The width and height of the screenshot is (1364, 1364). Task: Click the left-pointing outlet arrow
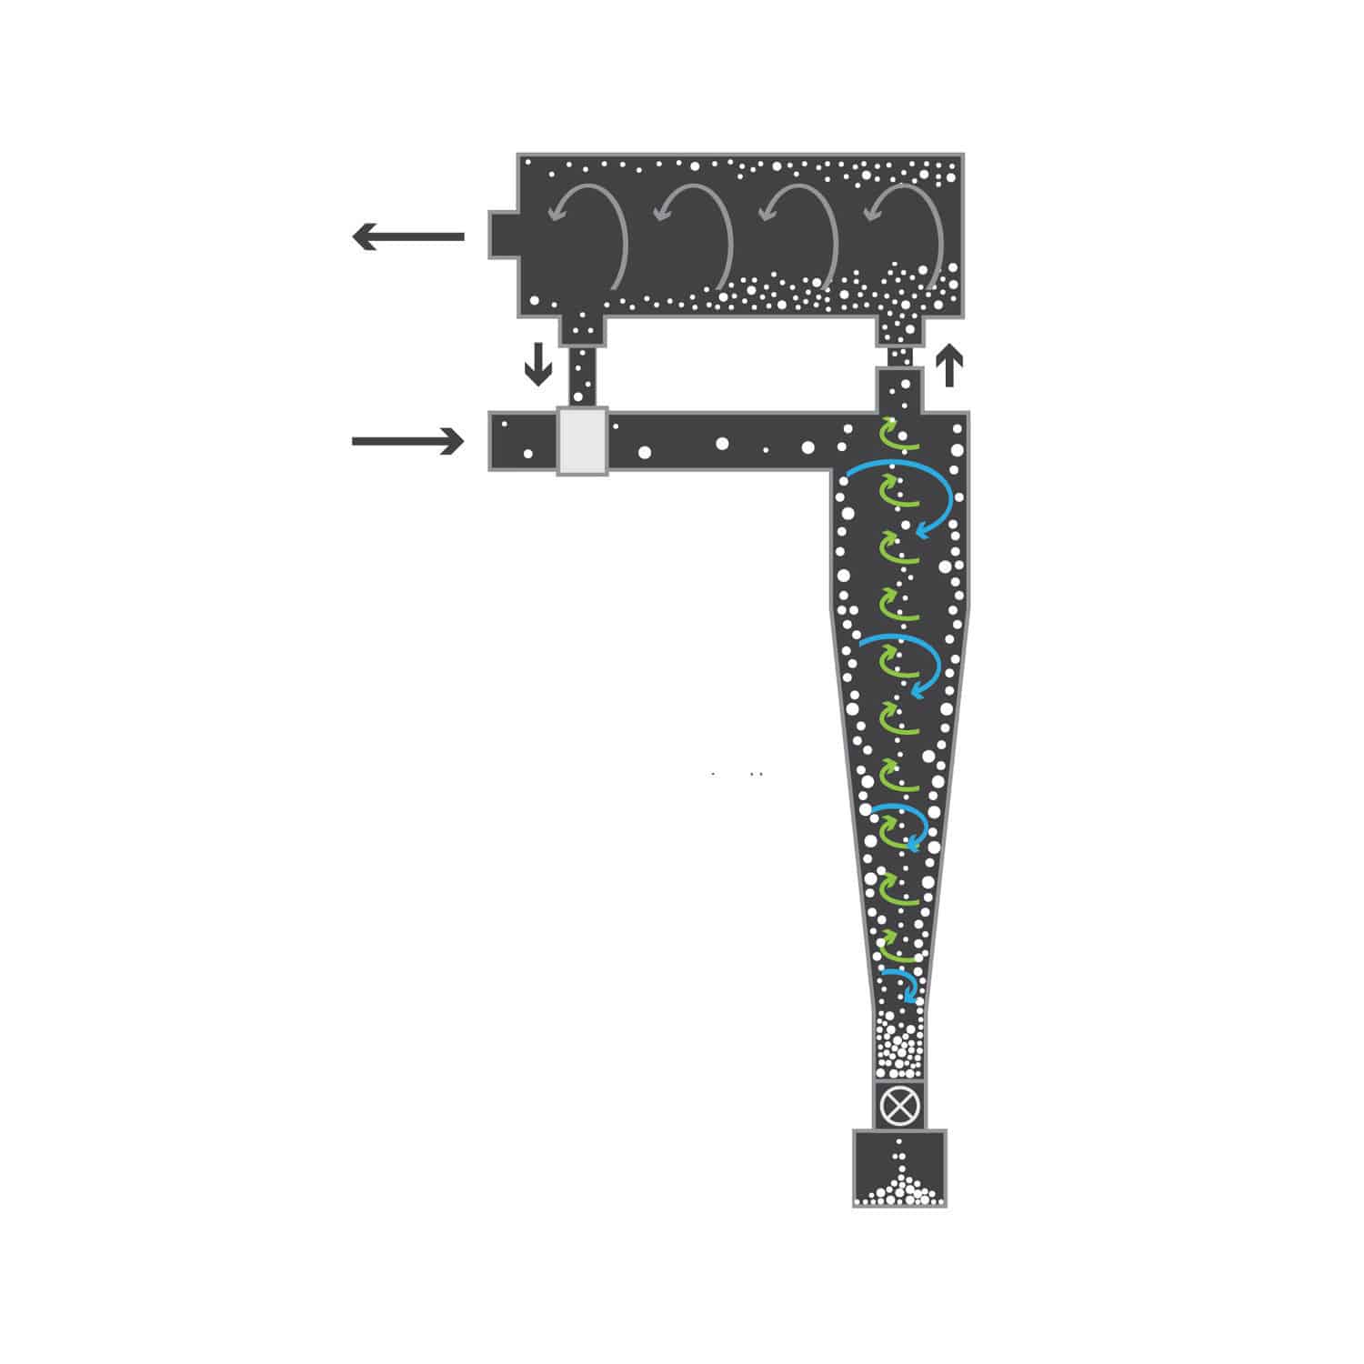[x=408, y=237]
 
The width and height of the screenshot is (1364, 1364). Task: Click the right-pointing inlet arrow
[x=408, y=442]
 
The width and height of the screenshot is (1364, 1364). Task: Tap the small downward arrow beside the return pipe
[x=538, y=364]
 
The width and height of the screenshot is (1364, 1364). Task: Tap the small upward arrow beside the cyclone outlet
[x=949, y=366]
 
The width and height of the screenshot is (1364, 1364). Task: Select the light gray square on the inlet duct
[x=582, y=441]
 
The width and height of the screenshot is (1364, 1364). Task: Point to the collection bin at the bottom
[x=900, y=1168]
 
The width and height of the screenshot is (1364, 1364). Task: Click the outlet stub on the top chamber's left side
[x=503, y=236]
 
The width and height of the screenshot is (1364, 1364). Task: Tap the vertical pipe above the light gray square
[x=581, y=377]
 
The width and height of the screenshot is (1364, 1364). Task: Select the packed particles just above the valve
[x=900, y=1050]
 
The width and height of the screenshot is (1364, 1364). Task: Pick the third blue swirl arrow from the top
[x=905, y=823]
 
